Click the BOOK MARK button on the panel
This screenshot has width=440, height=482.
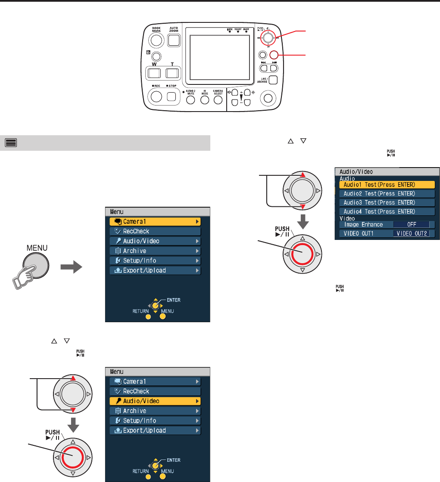[x=156, y=40]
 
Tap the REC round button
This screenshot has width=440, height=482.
[x=156, y=97]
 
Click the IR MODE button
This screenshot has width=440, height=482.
[x=205, y=100]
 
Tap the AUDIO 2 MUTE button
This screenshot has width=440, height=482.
[x=191, y=100]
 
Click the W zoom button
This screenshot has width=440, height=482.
[x=154, y=73]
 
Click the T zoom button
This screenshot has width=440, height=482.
[x=172, y=73]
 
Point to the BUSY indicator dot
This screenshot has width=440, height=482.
[x=246, y=32]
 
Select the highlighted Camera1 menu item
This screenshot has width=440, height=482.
[x=156, y=221]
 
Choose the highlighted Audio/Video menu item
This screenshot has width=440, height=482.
[x=156, y=401]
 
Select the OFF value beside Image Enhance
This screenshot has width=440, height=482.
[x=411, y=224]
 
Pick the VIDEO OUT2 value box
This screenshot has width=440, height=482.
[x=413, y=234]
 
